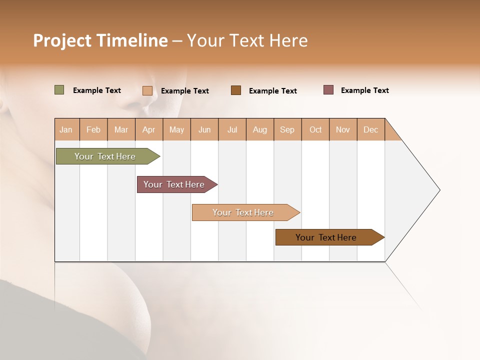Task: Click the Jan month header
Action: point(66,129)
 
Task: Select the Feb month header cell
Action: point(93,129)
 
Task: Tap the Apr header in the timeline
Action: point(148,129)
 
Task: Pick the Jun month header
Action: point(204,129)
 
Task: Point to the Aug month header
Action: point(260,129)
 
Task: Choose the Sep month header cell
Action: point(287,129)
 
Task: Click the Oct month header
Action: point(315,129)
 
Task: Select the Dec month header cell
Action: point(371,129)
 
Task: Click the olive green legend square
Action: point(59,90)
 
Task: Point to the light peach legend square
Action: point(147,90)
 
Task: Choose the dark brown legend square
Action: point(236,90)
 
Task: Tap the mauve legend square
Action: point(328,90)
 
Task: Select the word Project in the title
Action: point(62,40)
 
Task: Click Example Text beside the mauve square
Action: point(364,90)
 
